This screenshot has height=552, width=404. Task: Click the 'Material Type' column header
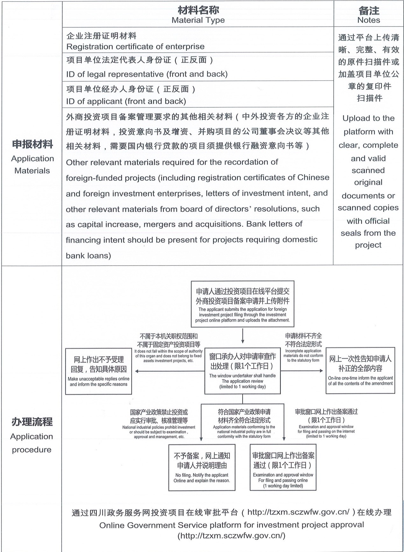198,20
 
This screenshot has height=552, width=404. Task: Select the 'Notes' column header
369,20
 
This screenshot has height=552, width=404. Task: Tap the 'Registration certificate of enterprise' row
135,46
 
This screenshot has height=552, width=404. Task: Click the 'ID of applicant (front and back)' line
126,101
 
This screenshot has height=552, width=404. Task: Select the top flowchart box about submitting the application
243,304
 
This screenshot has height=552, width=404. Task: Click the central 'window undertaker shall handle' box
243,371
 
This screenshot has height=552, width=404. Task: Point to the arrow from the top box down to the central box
243,336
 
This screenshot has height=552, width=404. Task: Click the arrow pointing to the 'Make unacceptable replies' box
169,371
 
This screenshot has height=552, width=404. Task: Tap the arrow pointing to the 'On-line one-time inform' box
302,371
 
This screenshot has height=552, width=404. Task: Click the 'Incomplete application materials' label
303,355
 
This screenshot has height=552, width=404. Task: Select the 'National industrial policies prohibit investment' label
159,432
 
